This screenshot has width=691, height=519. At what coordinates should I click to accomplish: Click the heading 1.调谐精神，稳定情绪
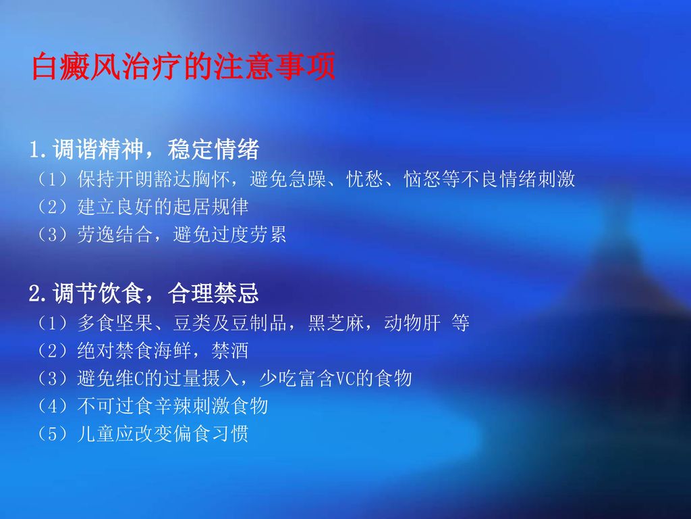pos(144,149)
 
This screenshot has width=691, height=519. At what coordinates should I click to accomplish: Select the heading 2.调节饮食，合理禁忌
pos(144,294)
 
